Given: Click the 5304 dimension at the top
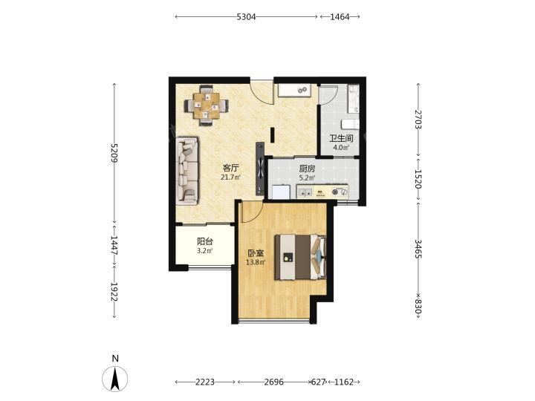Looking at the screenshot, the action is (x=246, y=16).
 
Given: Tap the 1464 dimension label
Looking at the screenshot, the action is (x=340, y=16).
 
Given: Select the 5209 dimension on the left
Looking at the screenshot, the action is (x=114, y=153).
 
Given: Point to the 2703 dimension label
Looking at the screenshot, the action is (x=418, y=119).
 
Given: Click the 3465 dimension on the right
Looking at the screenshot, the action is (x=418, y=249).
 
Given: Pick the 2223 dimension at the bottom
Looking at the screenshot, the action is (x=205, y=382).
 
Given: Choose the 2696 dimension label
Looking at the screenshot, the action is (x=274, y=382).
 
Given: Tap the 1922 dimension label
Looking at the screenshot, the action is (x=114, y=292).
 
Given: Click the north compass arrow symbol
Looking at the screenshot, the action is (x=115, y=379).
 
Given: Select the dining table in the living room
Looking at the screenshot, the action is (x=206, y=105).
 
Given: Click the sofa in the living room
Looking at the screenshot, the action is (x=187, y=172).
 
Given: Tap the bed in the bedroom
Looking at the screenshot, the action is (x=301, y=257).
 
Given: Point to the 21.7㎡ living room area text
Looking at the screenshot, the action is (x=230, y=177).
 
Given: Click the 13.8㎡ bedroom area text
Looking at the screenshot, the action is (x=256, y=262).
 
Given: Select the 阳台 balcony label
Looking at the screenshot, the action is (x=205, y=242).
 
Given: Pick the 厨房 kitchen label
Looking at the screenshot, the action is (x=307, y=169).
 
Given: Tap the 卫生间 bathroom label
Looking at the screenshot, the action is (x=341, y=138).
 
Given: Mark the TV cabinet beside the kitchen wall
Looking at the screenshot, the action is (x=260, y=169).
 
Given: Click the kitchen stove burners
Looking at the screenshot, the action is (x=340, y=192).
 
